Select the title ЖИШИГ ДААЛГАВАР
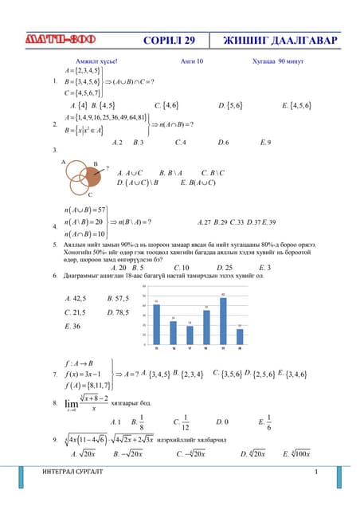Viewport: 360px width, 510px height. pyautogui.click(x=280, y=41)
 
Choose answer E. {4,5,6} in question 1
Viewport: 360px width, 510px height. pyautogui.click(x=296, y=104)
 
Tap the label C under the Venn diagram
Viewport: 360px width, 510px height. pyautogui.click(x=90, y=194)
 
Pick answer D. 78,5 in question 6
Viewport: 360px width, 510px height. pyautogui.click(x=118, y=312)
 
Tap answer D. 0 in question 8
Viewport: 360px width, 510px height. pyautogui.click(x=222, y=421)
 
